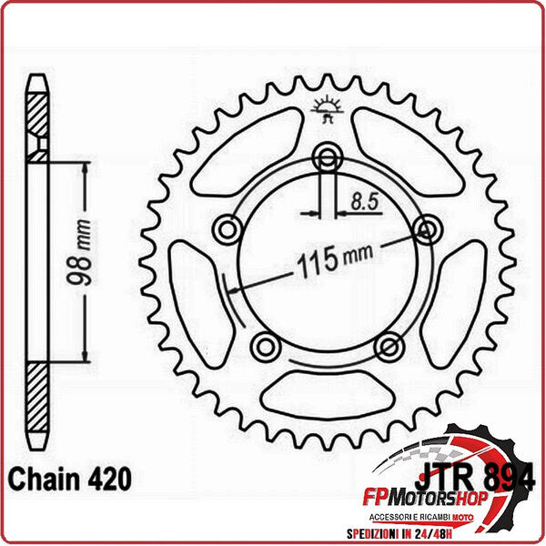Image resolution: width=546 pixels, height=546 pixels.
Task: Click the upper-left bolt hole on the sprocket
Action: tap(227, 227)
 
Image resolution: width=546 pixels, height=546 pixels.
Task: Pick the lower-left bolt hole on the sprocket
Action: tap(264, 345)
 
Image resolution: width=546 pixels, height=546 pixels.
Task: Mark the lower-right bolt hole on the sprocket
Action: tap(389, 345)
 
